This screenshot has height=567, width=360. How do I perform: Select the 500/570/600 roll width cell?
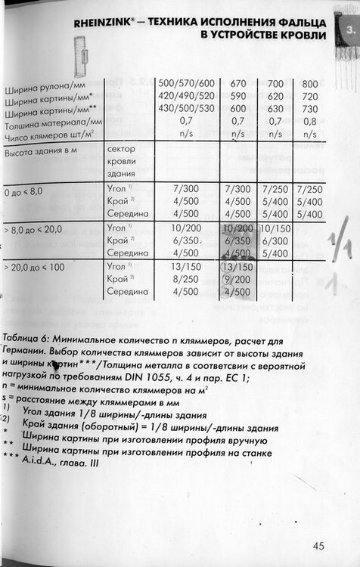coord(186,83)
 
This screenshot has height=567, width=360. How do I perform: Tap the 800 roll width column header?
coord(310,83)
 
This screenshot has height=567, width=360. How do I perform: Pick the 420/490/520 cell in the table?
coord(186,96)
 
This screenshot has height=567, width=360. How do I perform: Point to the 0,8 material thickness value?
coord(310,120)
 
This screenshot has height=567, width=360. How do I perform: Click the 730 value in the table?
coord(310,108)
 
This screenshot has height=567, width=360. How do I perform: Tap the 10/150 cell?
coord(275,228)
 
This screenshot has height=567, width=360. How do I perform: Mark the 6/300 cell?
coord(275,240)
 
